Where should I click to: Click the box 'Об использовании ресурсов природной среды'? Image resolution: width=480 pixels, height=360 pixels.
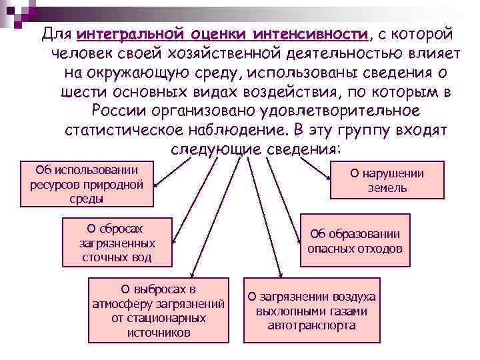pyautogui.click(x=87, y=183)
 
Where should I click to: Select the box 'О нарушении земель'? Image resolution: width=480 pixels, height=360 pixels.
pyautogui.click(x=387, y=181)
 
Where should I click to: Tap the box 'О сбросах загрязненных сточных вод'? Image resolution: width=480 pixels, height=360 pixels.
pyautogui.click(x=117, y=241)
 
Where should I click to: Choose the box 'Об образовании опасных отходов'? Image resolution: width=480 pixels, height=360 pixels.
pyautogui.click(x=355, y=241)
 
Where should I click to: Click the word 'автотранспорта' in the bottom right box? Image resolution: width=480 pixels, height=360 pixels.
pyautogui.click(x=311, y=326)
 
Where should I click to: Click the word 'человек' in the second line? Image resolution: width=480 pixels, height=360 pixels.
pyautogui.click(x=75, y=53)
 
